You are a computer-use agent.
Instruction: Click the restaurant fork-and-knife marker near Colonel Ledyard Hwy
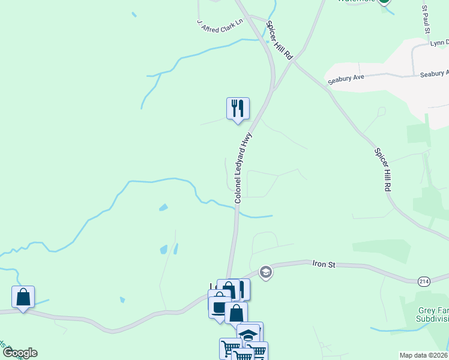click(x=238, y=109)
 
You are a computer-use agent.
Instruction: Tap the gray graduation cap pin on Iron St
click(x=265, y=273)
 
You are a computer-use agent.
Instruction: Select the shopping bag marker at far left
click(x=23, y=297)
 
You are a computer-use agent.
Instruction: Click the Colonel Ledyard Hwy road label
click(x=243, y=168)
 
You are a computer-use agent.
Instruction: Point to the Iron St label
click(x=323, y=263)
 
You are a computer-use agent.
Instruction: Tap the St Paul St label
click(x=426, y=20)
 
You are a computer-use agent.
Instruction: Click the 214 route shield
click(x=424, y=280)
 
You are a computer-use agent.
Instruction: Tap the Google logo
click(x=20, y=353)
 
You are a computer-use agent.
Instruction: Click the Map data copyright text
click(x=424, y=355)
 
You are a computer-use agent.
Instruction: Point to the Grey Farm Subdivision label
click(x=432, y=314)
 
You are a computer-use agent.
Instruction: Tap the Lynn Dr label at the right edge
click(x=439, y=44)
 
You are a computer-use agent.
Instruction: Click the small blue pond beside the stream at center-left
click(x=163, y=208)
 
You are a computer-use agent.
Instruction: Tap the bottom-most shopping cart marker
click(x=243, y=356)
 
